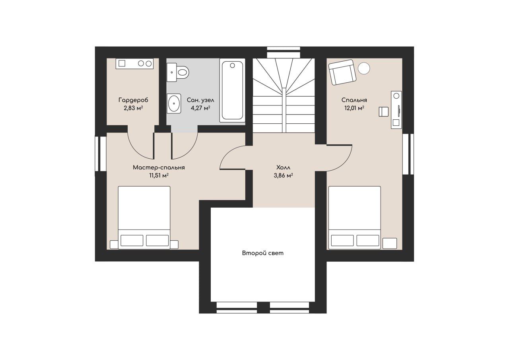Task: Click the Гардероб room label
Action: pyautogui.click(x=133, y=100)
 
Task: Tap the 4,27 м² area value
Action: pyautogui.click(x=200, y=108)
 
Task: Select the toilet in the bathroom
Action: pyautogui.click(x=178, y=72)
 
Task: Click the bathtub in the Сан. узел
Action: pyautogui.click(x=232, y=90)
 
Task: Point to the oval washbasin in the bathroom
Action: pyautogui.click(x=174, y=103)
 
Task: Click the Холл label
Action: pyautogui.click(x=283, y=168)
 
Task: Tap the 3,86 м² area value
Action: pyautogui.click(x=283, y=175)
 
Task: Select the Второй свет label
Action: pyautogui.click(x=263, y=253)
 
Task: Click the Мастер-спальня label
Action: pyautogui.click(x=159, y=168)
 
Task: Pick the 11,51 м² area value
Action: pyautogui.click(x=159, y=175)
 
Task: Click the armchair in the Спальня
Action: pyautogui.click(x=342, y=72)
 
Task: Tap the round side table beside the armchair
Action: pyautogui.click(x=364, y=68)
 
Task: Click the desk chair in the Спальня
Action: pyautogui.click(x=384, y=112)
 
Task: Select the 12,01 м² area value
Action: pyautogui.click(x=354, y=108)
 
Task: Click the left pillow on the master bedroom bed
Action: pyautogui.click(x=132, y=240)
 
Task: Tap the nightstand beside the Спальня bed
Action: pyautogui.click(x=390, y=243)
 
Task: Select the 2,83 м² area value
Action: pyautogui.click(x=133, y=108)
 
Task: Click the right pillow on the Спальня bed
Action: pyautogui.click(x=368, y=240)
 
